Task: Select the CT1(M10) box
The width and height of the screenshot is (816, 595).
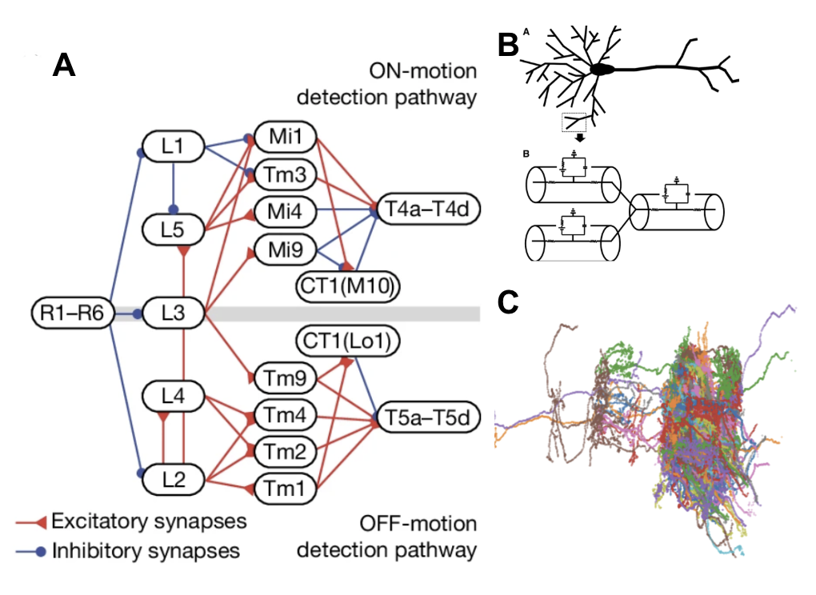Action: [x=347, y=287]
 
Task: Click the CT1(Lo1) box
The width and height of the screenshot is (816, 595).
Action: [x=347, y=340]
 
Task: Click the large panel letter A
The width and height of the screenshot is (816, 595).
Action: [x=64, y=66]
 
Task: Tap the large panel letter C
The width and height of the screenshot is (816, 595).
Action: [x=510, y=301]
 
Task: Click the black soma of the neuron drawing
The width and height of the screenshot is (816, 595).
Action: [x=602, y=70]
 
